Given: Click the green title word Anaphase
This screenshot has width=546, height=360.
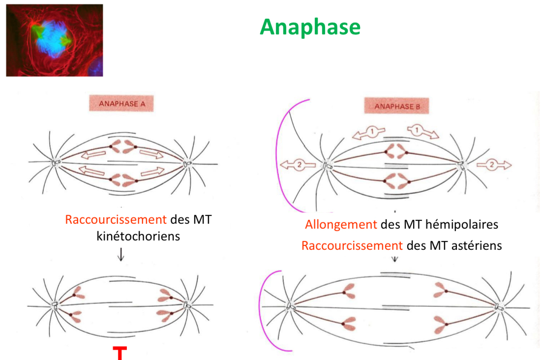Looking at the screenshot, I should pos(310,27).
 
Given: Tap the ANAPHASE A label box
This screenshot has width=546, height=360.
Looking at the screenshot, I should pos(121,104).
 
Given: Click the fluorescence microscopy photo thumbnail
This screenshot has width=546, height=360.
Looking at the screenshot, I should pos(55,40).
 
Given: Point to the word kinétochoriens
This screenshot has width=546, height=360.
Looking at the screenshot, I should pos(139,236).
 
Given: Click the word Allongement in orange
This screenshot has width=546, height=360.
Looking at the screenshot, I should pos(340,225).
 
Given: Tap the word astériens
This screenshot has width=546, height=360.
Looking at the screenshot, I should pos(475,245).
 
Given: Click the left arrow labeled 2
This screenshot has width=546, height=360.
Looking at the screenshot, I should pos(295,165).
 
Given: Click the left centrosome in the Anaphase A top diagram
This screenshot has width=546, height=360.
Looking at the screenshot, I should pos(57,163).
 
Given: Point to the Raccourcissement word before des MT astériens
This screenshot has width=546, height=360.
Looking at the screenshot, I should pos(352,245).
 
